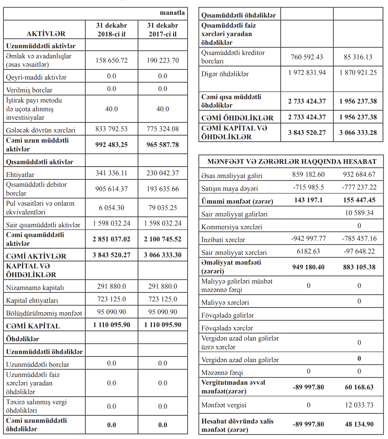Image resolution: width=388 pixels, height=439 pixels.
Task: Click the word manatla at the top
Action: coord(172,13)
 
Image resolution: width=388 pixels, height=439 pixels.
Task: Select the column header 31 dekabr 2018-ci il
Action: coord(111,30)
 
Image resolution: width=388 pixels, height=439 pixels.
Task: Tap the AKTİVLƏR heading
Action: coord(46,34)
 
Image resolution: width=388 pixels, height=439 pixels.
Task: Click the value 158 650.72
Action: coord(111,60)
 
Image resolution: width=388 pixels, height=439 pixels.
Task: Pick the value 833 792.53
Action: coord(111,129)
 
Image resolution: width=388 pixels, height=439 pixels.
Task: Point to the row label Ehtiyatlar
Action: coord(20,175)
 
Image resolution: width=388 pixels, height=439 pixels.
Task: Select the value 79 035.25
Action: coord(163,208)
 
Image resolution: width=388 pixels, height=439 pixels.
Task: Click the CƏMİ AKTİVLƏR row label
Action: coord(36,256)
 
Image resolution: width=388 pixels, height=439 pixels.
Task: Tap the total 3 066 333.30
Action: coord(163,255)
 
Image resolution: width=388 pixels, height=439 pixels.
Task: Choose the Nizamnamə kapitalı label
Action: coord(35,288)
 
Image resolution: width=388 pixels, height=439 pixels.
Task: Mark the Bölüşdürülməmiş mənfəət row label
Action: coord(44,313)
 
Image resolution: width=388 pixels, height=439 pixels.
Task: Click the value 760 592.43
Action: coord(307,57)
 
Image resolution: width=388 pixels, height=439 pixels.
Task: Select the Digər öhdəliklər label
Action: coord(225,74)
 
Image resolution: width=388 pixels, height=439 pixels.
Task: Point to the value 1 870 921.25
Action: coord(358,72)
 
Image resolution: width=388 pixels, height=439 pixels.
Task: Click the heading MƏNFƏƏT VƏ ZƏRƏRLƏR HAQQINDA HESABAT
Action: coord(292,162)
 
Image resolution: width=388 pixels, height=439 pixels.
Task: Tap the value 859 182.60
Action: coord(308,174)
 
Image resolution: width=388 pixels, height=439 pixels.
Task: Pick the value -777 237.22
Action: coord(359,187)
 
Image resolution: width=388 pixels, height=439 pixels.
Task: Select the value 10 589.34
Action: coord(359,213)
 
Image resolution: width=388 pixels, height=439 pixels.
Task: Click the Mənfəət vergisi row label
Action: coord(224,405)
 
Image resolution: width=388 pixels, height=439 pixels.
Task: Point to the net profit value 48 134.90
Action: coord(359,424)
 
